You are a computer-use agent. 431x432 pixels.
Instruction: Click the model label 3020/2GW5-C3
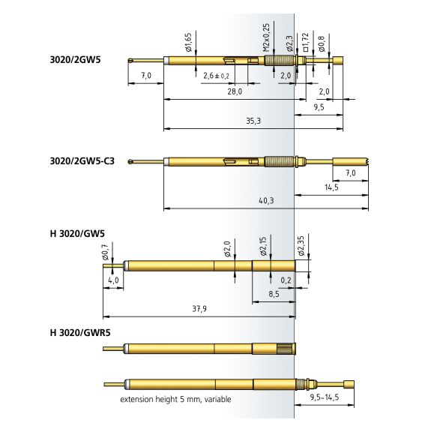click(x=82, y=161)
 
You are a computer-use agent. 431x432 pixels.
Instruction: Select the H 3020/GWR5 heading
click(x=80, y=332)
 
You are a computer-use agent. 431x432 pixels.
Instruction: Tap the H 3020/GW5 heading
click(x=77, y=234)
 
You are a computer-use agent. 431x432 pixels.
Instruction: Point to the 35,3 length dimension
click(x=253, y=121)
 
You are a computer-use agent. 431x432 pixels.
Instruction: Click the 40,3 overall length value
click(x=266, y=200)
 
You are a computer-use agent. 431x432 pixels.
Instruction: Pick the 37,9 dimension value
click(x=199, y=308)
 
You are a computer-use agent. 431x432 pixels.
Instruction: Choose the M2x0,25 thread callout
click(x=266, y=37)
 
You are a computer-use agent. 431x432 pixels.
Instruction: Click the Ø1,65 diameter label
click(x=188, y=43)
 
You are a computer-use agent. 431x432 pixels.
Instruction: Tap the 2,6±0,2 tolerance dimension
click(x=216, y=76)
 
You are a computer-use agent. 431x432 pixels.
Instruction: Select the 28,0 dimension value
click(x=235, y=91)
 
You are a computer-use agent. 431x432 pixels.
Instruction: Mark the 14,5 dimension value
click(x=331, y=187)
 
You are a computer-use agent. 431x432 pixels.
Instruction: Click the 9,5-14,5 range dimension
click(x=325, y=397)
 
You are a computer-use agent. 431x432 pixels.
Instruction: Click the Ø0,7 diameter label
click(x=106, y=252)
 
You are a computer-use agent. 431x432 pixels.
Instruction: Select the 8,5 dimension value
click(x=274, y=294)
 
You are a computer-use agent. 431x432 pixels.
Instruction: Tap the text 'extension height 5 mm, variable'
click(x=175, y=399)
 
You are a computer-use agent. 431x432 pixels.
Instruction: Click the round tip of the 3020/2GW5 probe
click(x=130, y=61)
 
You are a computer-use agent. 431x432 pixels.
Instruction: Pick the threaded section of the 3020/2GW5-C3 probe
click(x=280, y=161)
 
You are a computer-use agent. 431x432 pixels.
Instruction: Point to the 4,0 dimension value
click(x=113, y=280)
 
